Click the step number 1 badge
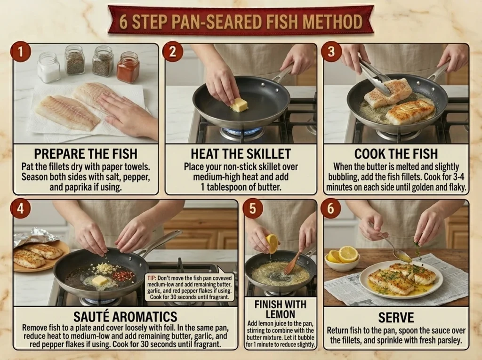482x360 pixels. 21,52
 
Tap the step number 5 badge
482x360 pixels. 253,208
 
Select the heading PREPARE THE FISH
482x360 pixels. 86,154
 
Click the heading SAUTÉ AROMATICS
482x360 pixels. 125,316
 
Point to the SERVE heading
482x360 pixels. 396,318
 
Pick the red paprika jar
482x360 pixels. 128,67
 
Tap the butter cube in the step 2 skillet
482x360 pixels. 239,105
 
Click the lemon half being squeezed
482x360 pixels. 272,243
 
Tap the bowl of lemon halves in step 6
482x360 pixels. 342,259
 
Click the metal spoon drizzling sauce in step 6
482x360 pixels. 392,246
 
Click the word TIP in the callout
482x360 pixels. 152,278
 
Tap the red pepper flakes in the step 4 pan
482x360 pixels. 124,275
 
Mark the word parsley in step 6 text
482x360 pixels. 449,340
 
